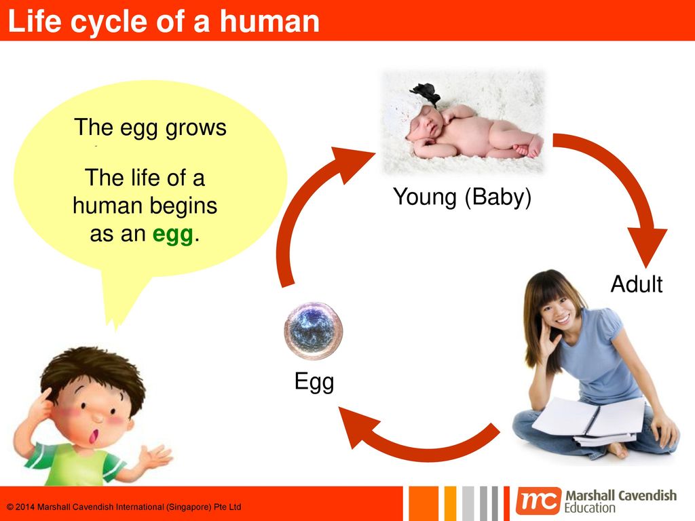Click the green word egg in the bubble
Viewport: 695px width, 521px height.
173,235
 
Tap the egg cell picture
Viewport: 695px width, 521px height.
314,330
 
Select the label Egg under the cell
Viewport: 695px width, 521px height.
314,381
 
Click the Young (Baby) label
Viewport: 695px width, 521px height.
462,197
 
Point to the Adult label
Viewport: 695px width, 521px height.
637,284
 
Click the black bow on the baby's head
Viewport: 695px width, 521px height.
426,94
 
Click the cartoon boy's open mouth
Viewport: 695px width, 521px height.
94,436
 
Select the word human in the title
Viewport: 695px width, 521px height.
269,21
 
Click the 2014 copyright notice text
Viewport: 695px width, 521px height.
124,507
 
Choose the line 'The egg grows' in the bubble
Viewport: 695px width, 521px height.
150,128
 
